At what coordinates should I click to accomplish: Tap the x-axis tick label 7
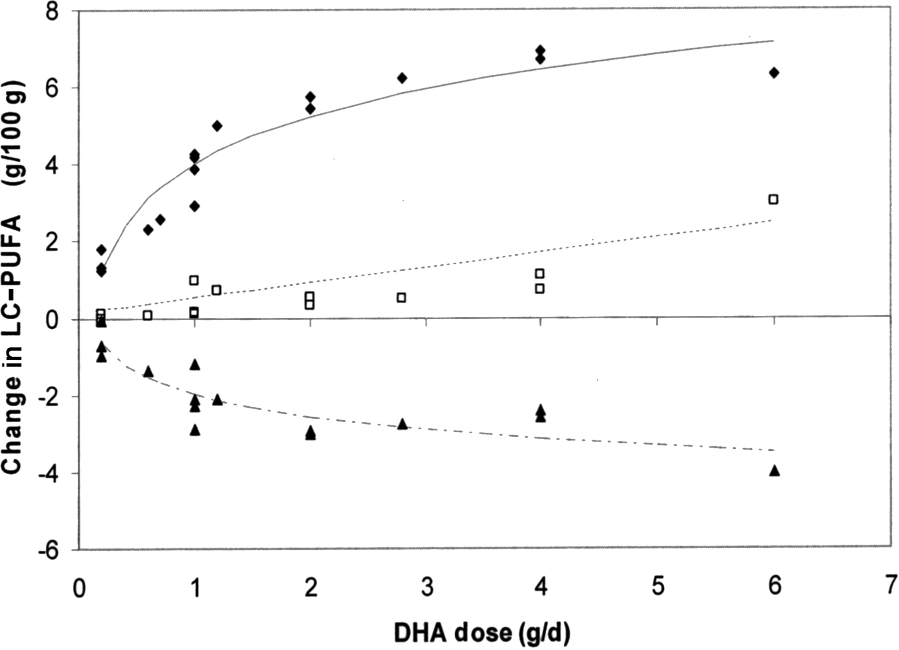890,586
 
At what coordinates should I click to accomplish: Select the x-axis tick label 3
427,586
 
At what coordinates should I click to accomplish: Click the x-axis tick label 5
658,586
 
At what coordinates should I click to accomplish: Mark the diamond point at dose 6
774,73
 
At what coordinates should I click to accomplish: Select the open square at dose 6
773,199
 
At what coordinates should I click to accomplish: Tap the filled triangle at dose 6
774,471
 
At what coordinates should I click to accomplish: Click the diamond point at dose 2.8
402,78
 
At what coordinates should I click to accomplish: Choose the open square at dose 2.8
401,298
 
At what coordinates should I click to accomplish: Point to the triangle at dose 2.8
402,424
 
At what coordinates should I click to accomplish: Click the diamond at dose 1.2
217,126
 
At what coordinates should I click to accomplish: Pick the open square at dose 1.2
216,290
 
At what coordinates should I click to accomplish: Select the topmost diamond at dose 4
540,50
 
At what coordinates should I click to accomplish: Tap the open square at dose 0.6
147,315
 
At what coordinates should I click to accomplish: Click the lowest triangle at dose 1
195,430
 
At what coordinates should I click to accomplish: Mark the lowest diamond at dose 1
195,206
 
